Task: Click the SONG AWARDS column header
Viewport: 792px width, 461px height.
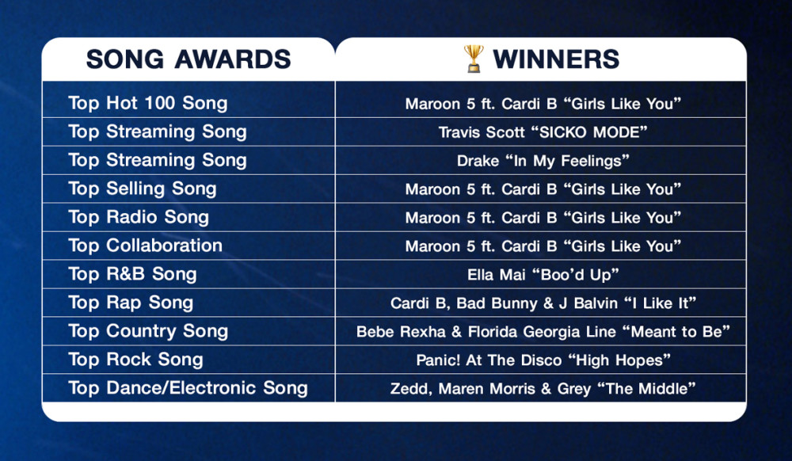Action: click(x=188, y=59)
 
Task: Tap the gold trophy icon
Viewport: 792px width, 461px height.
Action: click(x=474, y=59)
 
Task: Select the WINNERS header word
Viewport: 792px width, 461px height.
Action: click(x=556, y=59)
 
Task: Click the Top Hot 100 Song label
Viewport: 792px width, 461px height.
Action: click(x=148, y=103)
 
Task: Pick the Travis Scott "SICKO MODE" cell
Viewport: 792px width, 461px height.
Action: click(x=543, y=132)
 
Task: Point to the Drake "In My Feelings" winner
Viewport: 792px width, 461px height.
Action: click(x=543, y=161)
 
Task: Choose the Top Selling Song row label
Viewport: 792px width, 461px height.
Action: click(x=143, y=189)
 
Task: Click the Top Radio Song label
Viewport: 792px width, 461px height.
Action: click(x=139, y=217)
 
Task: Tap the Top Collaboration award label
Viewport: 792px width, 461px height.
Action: click(x=146, y=246)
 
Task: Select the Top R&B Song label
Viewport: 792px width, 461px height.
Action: click(x=132, y=274)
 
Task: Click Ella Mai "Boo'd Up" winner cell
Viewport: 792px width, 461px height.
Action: click(x=543, y=275)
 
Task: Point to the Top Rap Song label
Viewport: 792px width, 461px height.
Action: click(x=131, y=303)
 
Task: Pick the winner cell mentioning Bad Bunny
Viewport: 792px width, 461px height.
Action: click(x=543, y=303)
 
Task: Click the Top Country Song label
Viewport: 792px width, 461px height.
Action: click(x=148, y=331)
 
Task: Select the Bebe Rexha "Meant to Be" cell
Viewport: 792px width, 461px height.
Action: click(x=543, y=332)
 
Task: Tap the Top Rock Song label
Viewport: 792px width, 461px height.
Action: click(x=136, y=360)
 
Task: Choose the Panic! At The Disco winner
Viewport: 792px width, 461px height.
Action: click(x=543, y=360)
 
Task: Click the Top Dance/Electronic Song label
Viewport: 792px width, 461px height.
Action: click(x=188, y=388)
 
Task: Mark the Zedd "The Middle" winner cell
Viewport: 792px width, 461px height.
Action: click(x=543, y=389)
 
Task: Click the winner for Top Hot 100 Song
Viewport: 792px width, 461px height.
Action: click(x=543, y=104)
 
